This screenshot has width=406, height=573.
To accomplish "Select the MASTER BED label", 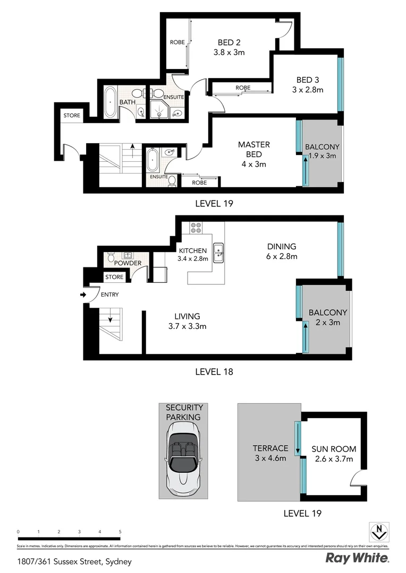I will click(x=253, y=149).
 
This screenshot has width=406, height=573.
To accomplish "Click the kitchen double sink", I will click(x=218, y=253).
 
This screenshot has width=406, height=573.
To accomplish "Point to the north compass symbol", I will click(x=378, y=531).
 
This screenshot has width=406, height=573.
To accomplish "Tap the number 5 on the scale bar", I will click(x=121, y=531).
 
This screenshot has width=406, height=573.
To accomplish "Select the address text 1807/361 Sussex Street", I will click(x=74, y=561).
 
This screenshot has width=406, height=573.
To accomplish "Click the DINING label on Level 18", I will click(x=281, y=246).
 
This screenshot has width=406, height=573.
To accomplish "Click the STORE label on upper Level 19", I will click(x=71, y=115).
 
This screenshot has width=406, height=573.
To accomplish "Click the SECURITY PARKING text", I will click(x=184, y=412).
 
